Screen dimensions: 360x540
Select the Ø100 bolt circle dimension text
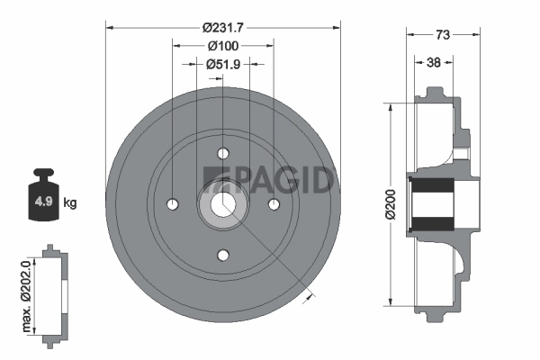(222, 44)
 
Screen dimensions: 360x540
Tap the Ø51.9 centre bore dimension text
(222, 64)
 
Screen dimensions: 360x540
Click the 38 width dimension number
(433, 63)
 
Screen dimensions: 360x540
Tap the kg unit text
(70, 202)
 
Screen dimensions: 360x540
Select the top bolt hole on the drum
(223, 152)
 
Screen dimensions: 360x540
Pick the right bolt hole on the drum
(274, 204)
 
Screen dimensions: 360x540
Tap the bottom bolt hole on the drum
(223, 256)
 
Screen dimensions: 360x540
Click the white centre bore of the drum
(223, 204)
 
